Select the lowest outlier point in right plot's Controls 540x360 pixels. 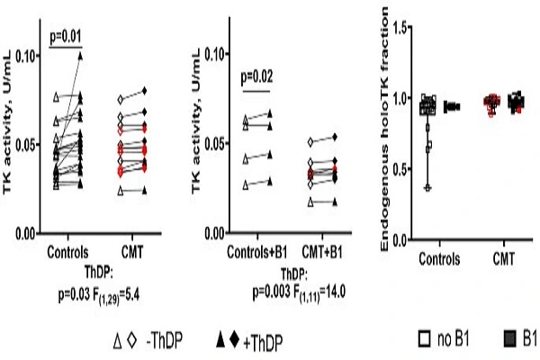(427, 187)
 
